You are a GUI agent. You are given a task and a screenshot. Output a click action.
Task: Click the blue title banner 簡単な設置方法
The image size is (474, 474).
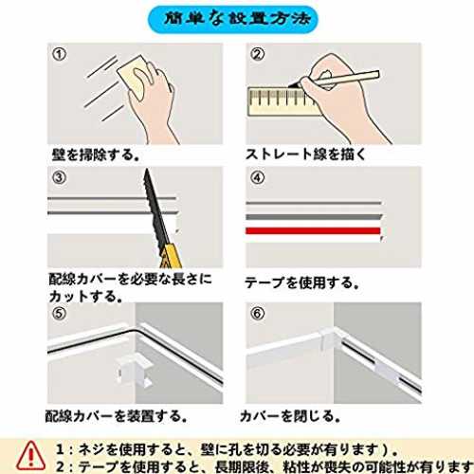pyautogui.click(x=233, y=20)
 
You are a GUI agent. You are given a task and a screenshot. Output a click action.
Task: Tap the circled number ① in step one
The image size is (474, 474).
pyautogui.click(x=60, y=54)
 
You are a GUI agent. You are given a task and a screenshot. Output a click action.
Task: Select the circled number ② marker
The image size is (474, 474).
pyautogui.click(x=258, y=54)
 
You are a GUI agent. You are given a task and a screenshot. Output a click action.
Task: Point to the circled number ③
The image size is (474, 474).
pyautogui.click(x=60, y=177)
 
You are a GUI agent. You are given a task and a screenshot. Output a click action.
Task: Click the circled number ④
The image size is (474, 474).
pyautogui.click(x=258, y=177)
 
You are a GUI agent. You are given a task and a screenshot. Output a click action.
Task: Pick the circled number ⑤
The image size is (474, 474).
pyautogui.click(x=60, y=314)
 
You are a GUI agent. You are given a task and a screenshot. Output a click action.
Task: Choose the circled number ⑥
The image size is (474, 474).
pyautogui.click(x=258, y=314)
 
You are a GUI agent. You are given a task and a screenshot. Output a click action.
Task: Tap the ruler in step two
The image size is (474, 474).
pyautogui.click(x=283, y=101)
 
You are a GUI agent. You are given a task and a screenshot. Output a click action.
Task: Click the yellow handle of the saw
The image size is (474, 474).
pyautogui.click(x=171, y=256)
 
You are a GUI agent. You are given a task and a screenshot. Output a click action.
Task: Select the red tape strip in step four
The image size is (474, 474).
pyautogui.click(x=313, y=231)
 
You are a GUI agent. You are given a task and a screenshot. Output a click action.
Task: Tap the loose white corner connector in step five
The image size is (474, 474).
pyautogui.click(x=134, y=371)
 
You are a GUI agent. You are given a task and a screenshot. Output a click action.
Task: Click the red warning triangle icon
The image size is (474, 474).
pyautogui.click(x=30, y=455)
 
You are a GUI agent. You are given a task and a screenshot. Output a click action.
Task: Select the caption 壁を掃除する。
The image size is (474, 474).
pyautogui.click(x=96, y=155)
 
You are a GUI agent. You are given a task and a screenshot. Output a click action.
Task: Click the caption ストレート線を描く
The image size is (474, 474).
pyautogui.click(x=305, y=155)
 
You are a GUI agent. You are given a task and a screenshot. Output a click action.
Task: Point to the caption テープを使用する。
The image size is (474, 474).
pyautogui.click(x=302, y=283)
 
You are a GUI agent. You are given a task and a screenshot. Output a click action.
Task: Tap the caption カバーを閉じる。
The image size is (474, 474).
pyautogui.click(x=290, y=416)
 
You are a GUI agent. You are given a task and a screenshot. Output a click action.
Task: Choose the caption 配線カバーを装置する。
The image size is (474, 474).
pyautogui.click(x=117, y=416)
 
